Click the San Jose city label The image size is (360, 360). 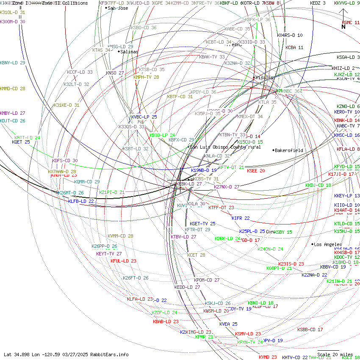click(x=117, y=8)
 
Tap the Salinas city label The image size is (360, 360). click(x=129, y=52)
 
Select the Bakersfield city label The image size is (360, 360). click(x=290, y=150)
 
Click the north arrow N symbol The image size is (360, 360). click(x=343, y=27)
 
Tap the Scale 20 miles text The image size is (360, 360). click(x=335, y=354)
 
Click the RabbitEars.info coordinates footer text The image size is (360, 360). click(x=66, y=354)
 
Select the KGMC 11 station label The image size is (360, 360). click(x=351, y=22)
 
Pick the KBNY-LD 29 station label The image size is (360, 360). click(x=13, y=63)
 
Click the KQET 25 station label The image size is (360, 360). click(x=21, y=142)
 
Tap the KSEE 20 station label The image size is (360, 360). click(x=256, y=171)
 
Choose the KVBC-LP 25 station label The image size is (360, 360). click(x=144, y=116)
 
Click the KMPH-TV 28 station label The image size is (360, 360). click(x=146, y=77)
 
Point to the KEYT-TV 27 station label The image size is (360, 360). click(x=109, y=254)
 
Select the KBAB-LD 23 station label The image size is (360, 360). click(x=166, y=321)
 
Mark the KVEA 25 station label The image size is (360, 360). click(x=228, y=324)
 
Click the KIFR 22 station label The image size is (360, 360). click(x=241, y=218)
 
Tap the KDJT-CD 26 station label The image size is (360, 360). click(x=13, y=121)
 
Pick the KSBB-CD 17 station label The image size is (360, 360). click(x=310, y=330)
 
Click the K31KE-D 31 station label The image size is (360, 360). click(x=66, y=105)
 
